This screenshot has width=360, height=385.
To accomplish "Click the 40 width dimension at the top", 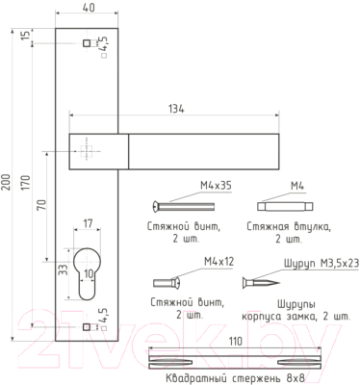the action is pyautogui.click(x=89, y=7).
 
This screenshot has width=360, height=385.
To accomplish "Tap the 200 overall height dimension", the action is pyautogui.click(x=7, y=182).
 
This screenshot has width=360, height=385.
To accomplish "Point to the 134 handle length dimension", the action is pyautogui.click(x=176, y=109).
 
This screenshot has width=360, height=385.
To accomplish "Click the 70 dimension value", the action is pyautogui.click(x=41, y=204).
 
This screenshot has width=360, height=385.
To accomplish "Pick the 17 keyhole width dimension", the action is pyautogui.click(x=88, y=223).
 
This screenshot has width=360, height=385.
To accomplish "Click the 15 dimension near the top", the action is pyautogui.click(x=28, y=35).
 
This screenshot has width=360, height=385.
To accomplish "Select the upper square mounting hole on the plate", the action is pyautogui.click(x=87, y=43).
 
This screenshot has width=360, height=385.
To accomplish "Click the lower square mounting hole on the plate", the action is pyautogui.click(x=87, y=327).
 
